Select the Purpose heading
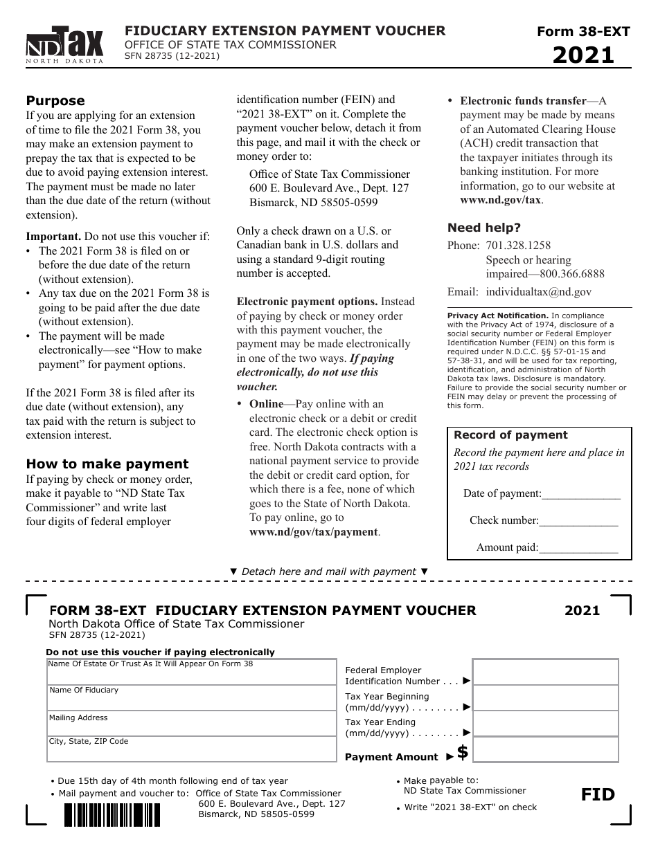click(55, 101)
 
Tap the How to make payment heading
click(107, 464)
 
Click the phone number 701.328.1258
click(518, 246)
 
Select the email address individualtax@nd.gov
click(538, 292)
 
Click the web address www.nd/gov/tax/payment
click(313, 532)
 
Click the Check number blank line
click(578, 521)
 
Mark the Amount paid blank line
click(578, 548)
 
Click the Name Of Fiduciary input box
click(191, 698)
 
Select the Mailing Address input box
click(191, 724)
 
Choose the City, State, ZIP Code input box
click(191, 749)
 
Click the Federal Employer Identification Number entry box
click(545, 672)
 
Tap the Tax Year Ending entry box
click(545, 724)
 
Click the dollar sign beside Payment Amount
click(463, 752)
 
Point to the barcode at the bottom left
click(112, 814)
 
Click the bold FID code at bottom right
click(598, 795)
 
